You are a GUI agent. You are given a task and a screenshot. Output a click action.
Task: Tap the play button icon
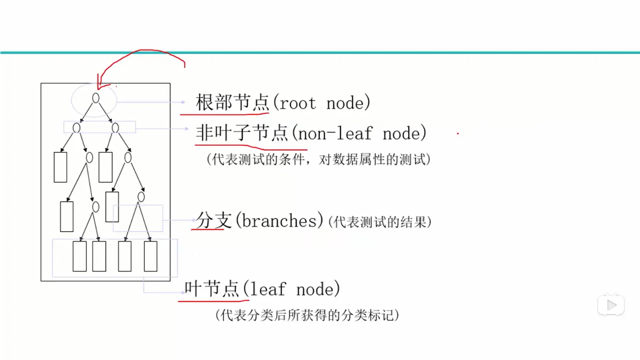tap(611, 305)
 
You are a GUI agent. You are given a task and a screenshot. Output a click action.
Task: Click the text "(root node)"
tap(322, 102)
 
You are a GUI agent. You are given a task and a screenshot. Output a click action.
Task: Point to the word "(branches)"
tap(280, 220)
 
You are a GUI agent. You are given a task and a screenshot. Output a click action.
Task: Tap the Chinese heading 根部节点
tap(232, 102)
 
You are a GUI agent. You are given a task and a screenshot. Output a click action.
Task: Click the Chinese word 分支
tap(214, 220)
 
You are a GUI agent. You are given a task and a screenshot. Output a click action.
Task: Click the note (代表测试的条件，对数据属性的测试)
tap(318, 160)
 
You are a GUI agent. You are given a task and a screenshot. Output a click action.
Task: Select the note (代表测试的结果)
tap(380, 222)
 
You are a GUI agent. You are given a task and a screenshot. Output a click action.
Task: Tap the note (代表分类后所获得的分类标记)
tap(307, 315)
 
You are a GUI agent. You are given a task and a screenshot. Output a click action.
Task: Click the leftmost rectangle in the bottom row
tap(80, 256)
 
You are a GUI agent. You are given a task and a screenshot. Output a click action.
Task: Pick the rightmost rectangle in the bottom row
tap(150, 256)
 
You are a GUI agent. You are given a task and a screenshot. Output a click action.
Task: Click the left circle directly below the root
tap(76, 128)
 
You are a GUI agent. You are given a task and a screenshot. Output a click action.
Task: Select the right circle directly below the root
tap(115, 128)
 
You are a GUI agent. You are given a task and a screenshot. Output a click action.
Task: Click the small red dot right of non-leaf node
tap(458, 134)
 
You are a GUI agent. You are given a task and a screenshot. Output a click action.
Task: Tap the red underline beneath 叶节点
tap(214, 301)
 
